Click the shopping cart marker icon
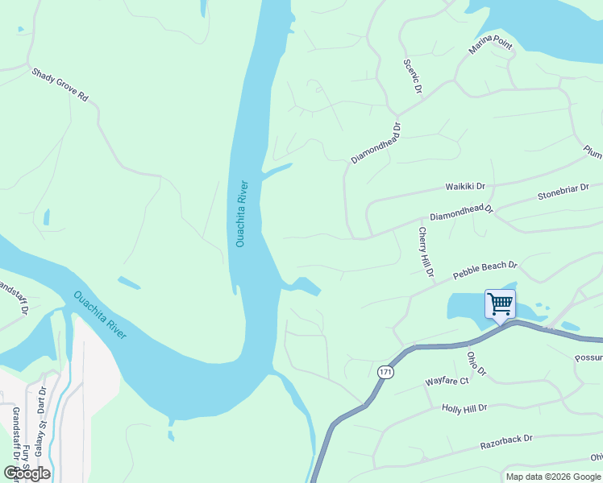point(500,304)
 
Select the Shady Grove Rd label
point(60,84)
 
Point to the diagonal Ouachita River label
point(100,314)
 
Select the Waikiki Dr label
point(466,186)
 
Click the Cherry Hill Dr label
point(425,253)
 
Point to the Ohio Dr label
point(476,363)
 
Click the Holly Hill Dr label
point(465,408)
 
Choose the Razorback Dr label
point(506,440)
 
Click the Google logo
point(27,473)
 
